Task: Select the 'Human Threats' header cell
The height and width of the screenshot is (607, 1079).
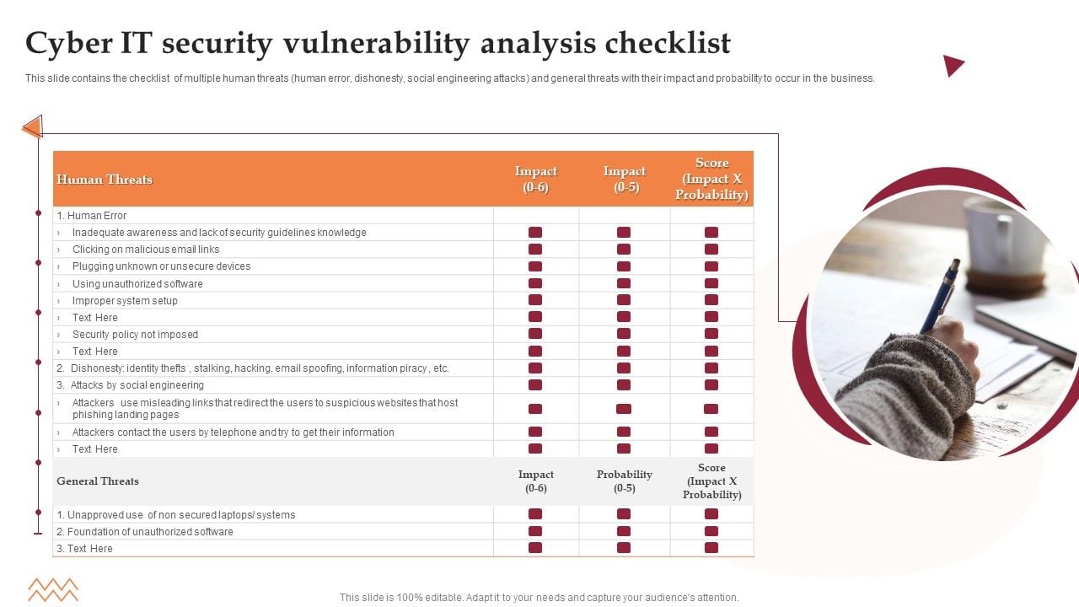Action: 105,180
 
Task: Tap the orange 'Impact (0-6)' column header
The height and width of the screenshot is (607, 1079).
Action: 535,180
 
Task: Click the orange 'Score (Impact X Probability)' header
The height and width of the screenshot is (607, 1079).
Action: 711,179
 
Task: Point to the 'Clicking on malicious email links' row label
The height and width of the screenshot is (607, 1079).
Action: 146,250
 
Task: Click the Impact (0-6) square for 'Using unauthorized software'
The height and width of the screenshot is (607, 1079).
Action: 535,283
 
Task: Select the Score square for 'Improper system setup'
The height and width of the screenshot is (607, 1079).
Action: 711,300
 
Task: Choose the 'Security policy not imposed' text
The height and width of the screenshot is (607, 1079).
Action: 135,335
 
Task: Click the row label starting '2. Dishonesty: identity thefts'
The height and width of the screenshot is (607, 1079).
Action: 253,368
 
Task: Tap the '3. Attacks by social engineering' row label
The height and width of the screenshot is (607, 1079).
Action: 131,385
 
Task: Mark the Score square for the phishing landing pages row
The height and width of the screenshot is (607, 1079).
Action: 711,409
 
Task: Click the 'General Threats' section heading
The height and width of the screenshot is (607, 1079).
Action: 98,481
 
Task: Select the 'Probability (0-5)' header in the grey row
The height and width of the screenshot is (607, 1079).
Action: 625,481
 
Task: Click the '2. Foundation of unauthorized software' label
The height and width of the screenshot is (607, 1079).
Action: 145,532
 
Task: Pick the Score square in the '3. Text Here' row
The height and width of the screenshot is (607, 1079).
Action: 711,548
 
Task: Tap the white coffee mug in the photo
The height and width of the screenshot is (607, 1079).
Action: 1000,240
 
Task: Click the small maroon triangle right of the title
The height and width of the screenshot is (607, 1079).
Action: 953,65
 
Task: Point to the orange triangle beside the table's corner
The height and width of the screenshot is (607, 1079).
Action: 33,127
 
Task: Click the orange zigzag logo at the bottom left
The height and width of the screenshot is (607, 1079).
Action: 52,589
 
